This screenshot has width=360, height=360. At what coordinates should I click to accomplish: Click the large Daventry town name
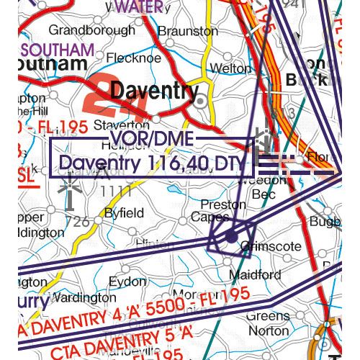156,92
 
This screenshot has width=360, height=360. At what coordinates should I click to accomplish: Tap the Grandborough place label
91,31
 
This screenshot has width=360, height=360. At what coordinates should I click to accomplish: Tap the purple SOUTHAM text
58,50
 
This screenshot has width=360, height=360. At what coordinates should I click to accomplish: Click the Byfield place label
125,213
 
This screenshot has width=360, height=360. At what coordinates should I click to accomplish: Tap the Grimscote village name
271,246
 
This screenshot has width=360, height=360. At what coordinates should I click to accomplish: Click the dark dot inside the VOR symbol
230,236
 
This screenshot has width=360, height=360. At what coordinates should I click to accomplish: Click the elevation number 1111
116,191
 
